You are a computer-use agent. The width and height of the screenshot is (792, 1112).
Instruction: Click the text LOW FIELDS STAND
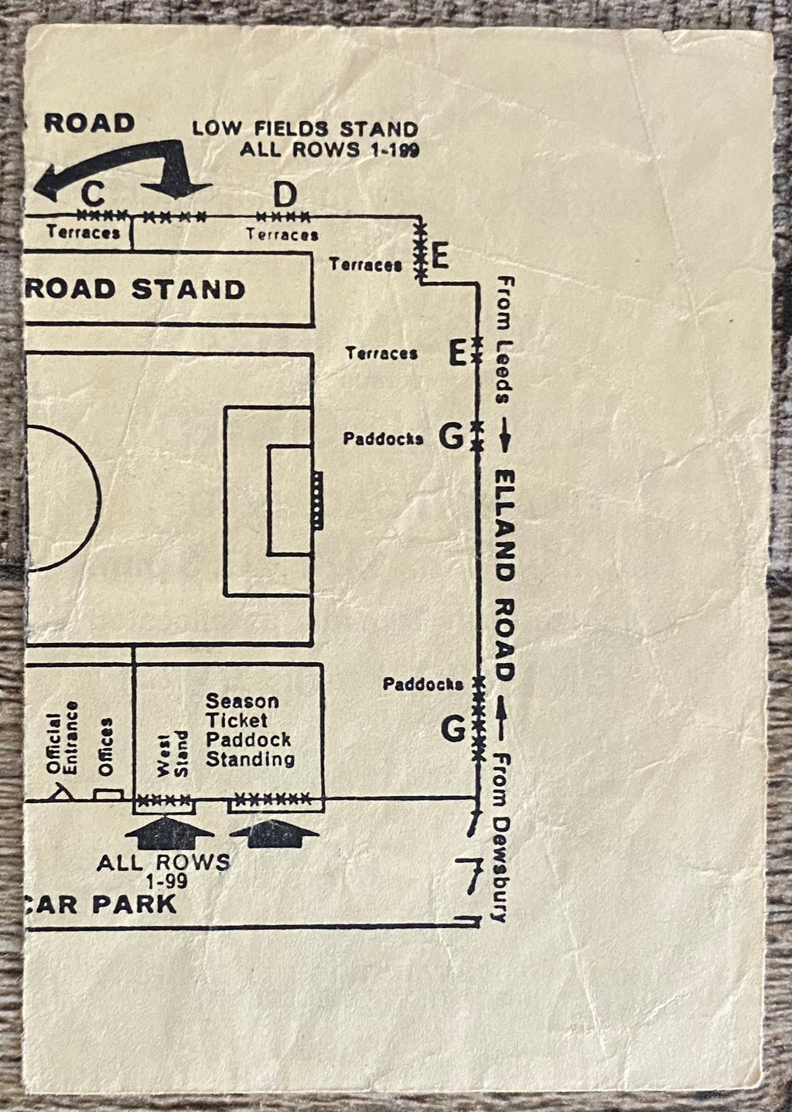[305, 128]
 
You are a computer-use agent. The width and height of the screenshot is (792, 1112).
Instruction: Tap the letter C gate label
[92, 192]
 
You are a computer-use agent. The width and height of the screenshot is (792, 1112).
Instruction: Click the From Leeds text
[504, 340]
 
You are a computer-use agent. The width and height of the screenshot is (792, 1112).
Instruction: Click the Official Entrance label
[63, 738]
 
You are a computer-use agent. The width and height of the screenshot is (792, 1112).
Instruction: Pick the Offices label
[106, 746]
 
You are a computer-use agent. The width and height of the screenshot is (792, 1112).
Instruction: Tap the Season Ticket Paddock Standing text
[248, 729]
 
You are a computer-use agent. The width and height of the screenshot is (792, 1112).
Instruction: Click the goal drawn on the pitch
[316, 499]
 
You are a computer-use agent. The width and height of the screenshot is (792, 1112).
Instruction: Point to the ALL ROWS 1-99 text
[163, 869]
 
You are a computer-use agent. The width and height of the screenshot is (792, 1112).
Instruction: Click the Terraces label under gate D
[282, 234]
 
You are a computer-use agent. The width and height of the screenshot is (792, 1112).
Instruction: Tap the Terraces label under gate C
[83, 232]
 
